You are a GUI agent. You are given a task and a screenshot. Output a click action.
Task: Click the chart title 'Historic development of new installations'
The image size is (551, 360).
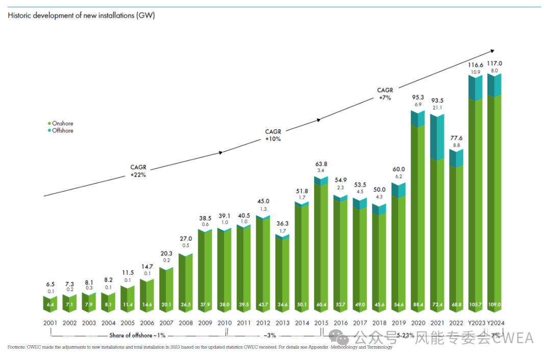[x=81, y=15]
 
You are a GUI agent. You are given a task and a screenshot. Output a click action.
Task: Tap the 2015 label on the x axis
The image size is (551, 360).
[x=321, y=323]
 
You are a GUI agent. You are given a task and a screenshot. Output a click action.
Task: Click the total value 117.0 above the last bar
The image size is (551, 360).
[x=494, y=63]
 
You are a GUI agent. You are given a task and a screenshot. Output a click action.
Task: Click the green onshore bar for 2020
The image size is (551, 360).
[x=418, y=214]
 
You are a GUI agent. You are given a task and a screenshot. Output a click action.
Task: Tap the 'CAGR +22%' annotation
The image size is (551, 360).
[x=138, y=171]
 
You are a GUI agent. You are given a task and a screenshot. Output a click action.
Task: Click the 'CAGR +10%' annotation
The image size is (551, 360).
[x=273, y=135]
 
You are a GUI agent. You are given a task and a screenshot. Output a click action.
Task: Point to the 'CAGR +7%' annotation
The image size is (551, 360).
[x=385, y=94]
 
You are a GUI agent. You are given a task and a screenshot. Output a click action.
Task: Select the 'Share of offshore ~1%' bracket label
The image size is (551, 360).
[x=137, y=335]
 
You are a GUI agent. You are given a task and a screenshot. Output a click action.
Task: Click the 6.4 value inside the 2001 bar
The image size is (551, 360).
[x=50, y=305]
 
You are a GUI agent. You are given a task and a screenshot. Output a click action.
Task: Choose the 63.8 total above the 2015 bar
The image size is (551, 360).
[x=321, y=164]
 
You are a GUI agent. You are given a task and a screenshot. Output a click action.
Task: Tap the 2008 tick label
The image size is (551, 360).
[x=186, y=323]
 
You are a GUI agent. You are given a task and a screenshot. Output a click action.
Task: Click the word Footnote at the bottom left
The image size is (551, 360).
[x=17, y=347]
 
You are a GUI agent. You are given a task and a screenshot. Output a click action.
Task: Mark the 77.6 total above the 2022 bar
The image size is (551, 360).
[x=457, y=138]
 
